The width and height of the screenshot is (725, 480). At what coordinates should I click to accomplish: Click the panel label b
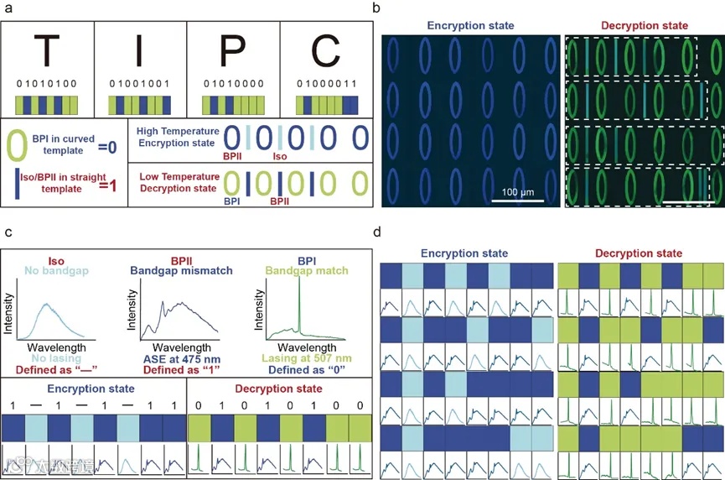pos(377,8)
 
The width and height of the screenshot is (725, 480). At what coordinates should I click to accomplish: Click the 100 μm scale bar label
pos(513,193)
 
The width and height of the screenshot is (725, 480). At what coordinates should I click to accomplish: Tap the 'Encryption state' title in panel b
pos(470,25)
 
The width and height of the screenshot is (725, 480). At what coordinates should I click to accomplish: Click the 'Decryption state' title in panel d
pos(641,253)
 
